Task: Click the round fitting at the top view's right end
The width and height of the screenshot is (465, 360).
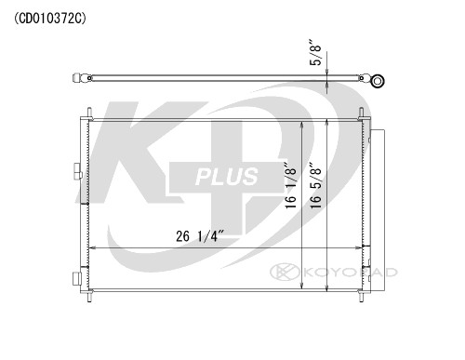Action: (378, 82)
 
